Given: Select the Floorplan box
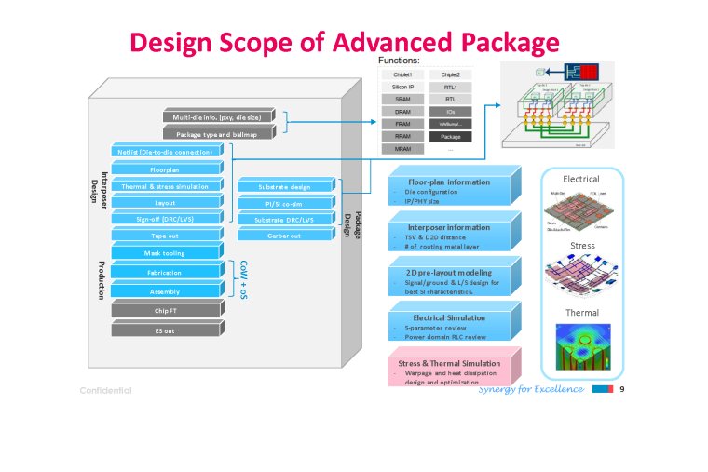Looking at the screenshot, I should point(165,169).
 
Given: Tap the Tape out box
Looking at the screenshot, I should point(165,236).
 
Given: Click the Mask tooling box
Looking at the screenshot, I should point(165,253).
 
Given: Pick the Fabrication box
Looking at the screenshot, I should point(165,273).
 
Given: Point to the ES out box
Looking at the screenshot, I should point(165,330).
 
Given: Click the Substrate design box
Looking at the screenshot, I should point(285,186).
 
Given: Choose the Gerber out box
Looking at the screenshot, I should point(285,236).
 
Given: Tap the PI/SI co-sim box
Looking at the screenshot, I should point(285,203).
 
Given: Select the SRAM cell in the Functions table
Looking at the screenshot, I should point(402,98).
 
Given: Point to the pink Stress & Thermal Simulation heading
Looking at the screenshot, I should point(449,363).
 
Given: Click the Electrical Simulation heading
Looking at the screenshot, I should point(448,317).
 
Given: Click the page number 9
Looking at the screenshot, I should point(621,389).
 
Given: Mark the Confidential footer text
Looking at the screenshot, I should point(105,391).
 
